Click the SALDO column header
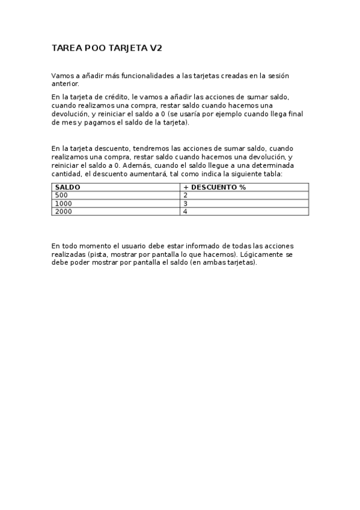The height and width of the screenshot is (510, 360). pyautogui.click(x=67, y=187)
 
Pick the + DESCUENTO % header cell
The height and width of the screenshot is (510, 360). pyautogui.click(x=215, y=187)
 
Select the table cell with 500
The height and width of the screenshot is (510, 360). pyautogui.click(x=61, y=195)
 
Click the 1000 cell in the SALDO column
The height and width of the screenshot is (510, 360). pyautogui.click(x=63, y=203)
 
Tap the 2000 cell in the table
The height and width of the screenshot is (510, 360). pyautogui.click(x=63, y=211)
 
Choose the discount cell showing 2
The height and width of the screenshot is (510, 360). pyautogui.click(x=186, y=195)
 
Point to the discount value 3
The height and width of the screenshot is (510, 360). pyautogui.click(x=186, y=203)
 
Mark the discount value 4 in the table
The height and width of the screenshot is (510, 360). pyautogui.click(x=186, y=211)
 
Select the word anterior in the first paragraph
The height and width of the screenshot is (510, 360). pyautogui.click(x=65, y=84)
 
